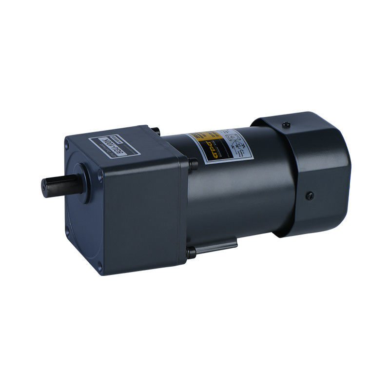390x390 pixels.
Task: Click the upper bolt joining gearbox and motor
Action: (194, 164)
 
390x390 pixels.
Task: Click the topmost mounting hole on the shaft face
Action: (66, 142)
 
